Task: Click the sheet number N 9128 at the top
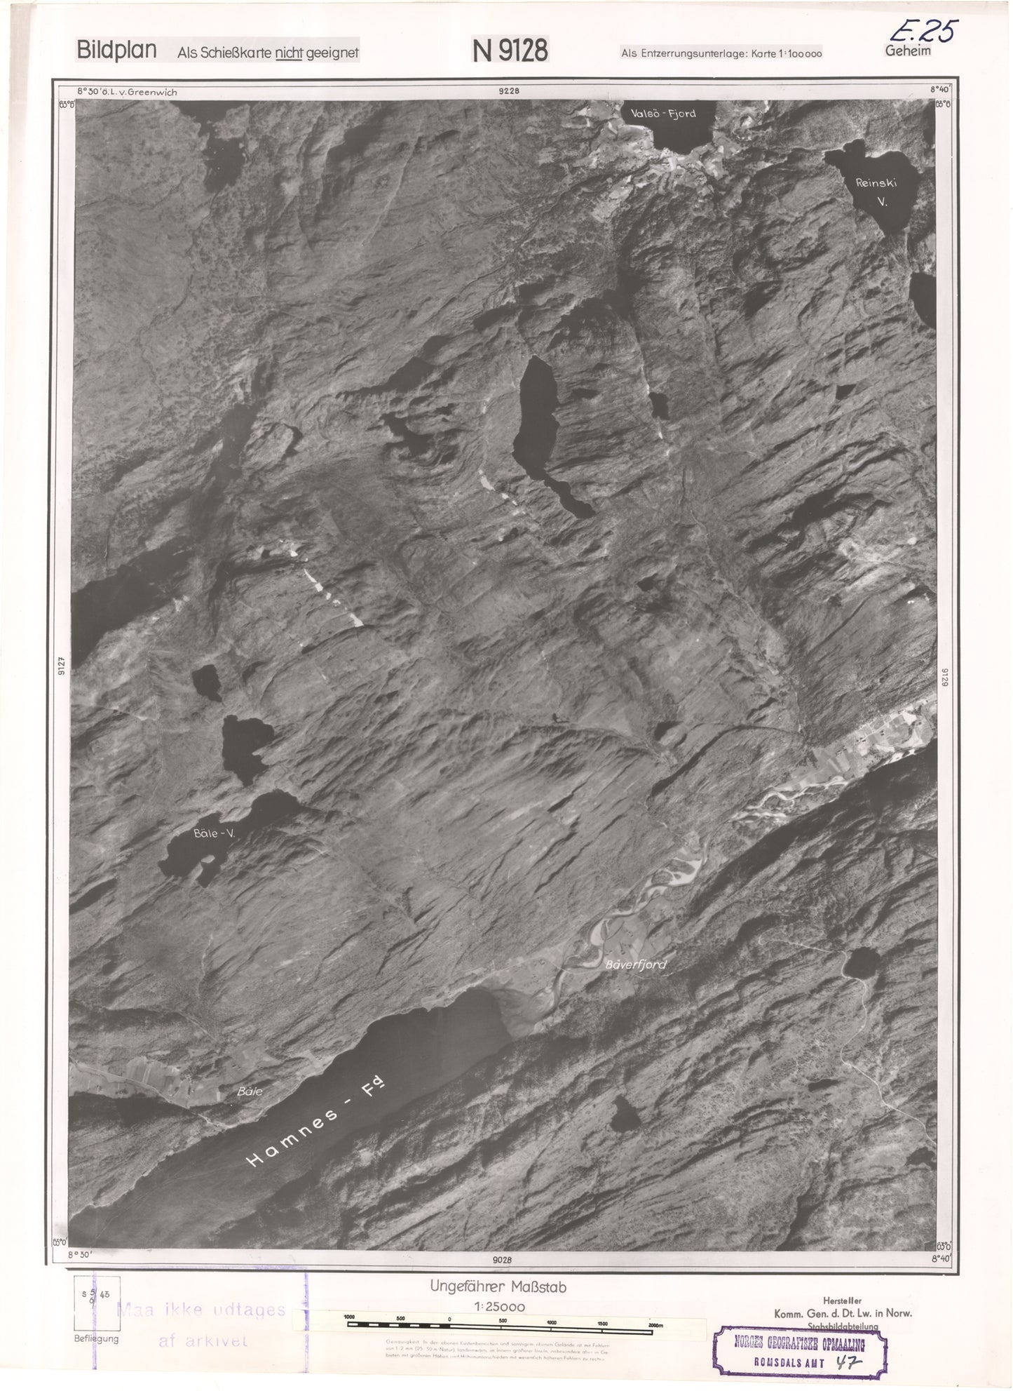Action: (x=510, y=51)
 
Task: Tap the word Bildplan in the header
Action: (x=116, y=51)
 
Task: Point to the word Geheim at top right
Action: (x=908, y=51)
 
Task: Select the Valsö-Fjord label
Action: (x=662, y=113)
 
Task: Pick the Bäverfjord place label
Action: (x=635, y=965)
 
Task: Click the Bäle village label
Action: (x=250, y=1091)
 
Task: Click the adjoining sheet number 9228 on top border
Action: (x=509, y=90)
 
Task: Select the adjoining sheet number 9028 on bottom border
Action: (x=502, y=1260)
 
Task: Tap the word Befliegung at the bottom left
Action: (x=96, y=1338)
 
